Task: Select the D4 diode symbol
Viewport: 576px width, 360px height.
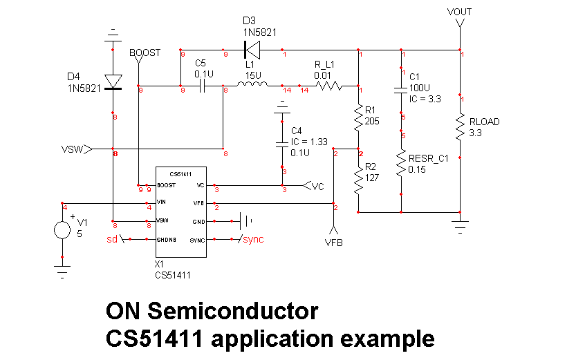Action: pos(113,82)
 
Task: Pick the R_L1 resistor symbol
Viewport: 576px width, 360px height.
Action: pos(329,86)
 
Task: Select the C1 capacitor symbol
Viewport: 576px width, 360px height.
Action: pos(401,89)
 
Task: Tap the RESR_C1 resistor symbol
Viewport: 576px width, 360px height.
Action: pos(401,163)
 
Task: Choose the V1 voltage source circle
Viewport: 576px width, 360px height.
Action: pos(62,229)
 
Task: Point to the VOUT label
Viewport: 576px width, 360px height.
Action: pos(459,12)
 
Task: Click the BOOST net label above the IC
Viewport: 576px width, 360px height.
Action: pos(145,53)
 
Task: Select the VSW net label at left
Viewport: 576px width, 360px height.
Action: pos(72,149)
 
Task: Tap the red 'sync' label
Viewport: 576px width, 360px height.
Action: pos(252,239)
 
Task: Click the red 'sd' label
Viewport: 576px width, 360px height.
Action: pos(111,239)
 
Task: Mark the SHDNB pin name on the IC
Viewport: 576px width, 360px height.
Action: pos(167,239)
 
